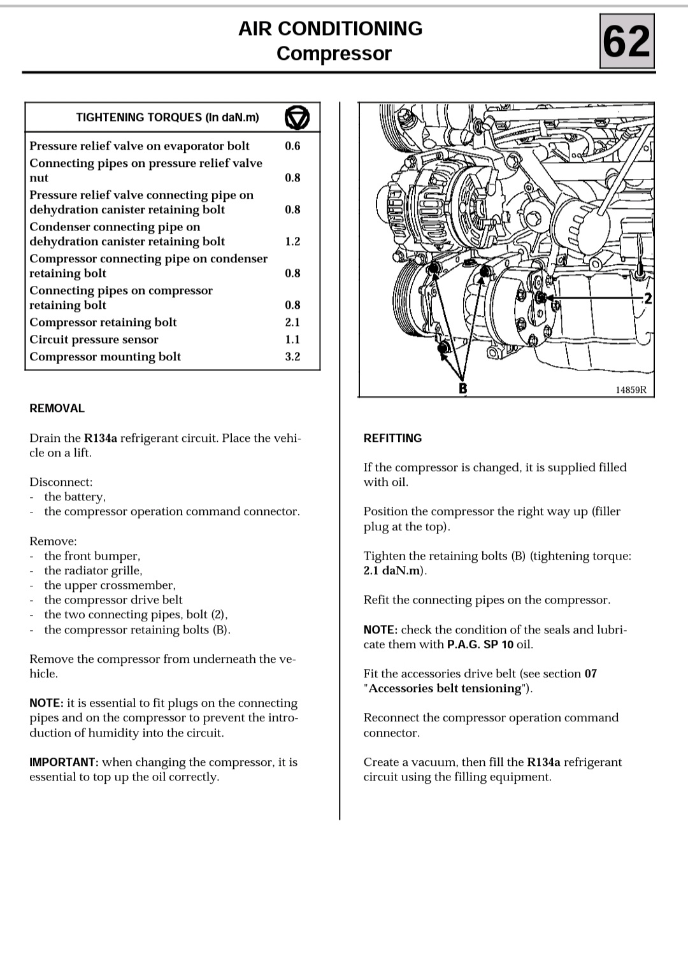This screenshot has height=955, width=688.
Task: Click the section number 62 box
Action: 627,42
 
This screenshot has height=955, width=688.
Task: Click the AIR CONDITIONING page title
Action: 330,29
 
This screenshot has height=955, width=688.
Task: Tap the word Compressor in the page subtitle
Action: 334,53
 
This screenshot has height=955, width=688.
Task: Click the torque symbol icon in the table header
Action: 297,118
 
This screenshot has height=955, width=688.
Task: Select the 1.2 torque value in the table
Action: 292,241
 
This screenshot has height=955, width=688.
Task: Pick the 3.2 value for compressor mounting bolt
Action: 292,357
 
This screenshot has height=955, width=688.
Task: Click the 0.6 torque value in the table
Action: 292,146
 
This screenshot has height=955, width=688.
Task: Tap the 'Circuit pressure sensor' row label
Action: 94,339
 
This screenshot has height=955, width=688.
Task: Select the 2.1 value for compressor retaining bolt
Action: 292,322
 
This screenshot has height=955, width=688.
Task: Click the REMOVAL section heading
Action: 57,409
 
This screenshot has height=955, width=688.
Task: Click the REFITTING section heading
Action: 392,438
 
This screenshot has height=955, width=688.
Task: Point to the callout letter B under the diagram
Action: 463,388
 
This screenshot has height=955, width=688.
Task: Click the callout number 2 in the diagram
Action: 648,299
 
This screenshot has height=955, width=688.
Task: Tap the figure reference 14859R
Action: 631,390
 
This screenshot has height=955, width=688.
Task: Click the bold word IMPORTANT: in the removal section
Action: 64,762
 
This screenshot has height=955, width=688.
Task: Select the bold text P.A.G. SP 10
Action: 480,644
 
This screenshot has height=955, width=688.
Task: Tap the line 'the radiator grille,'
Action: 93,570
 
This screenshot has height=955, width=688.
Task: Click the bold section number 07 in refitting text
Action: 591,674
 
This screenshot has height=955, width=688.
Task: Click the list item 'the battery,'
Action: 75,497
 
